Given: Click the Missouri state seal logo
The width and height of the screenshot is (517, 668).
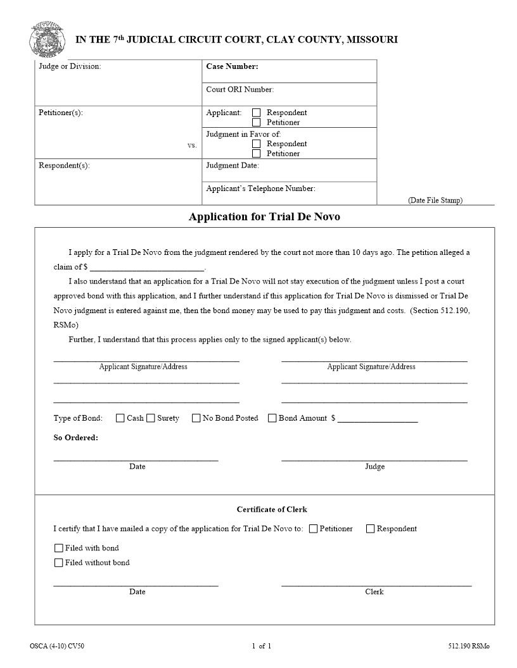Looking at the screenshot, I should (x=46, y=39).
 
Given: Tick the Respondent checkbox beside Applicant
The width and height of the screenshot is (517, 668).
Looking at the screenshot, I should (x=257, y=113).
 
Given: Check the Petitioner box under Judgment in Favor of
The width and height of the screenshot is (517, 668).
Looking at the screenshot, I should (x=257, y=153).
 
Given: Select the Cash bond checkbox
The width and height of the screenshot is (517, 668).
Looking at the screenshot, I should (x=120, y=418).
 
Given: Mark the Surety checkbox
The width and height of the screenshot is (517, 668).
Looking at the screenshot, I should (x=151, y=418).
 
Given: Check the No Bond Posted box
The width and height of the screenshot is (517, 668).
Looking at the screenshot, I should (x=196, y=418).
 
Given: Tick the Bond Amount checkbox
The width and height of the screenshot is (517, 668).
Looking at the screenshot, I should (x=272, y=418).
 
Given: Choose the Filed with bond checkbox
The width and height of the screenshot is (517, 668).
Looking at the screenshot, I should (x=59, y=548).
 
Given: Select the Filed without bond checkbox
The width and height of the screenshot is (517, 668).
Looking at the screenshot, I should (x=59, y=562).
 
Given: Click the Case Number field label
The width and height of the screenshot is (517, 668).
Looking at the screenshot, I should (x=232, y=66).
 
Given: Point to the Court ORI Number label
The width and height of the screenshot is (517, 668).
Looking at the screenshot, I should (x=239, y=89).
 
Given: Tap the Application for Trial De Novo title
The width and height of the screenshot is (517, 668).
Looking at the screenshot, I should (x=264, y=217).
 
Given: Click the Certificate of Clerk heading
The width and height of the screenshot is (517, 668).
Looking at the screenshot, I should (x=272, y=509).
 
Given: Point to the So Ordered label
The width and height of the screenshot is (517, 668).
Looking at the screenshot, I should (x=75, y=438).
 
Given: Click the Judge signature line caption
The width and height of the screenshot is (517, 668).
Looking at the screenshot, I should (x=374, y=467).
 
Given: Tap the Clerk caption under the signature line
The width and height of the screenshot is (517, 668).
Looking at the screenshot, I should (x=374, y=592).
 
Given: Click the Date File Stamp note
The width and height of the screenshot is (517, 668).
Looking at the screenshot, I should (x=435, y=201).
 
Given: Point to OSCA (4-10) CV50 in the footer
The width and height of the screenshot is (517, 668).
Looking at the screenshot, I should (x=57, y=646).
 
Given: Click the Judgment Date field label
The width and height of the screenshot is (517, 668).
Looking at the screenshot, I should (x=233, y=166).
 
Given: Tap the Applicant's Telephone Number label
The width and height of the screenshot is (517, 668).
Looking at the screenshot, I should (x=260, y=189).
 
